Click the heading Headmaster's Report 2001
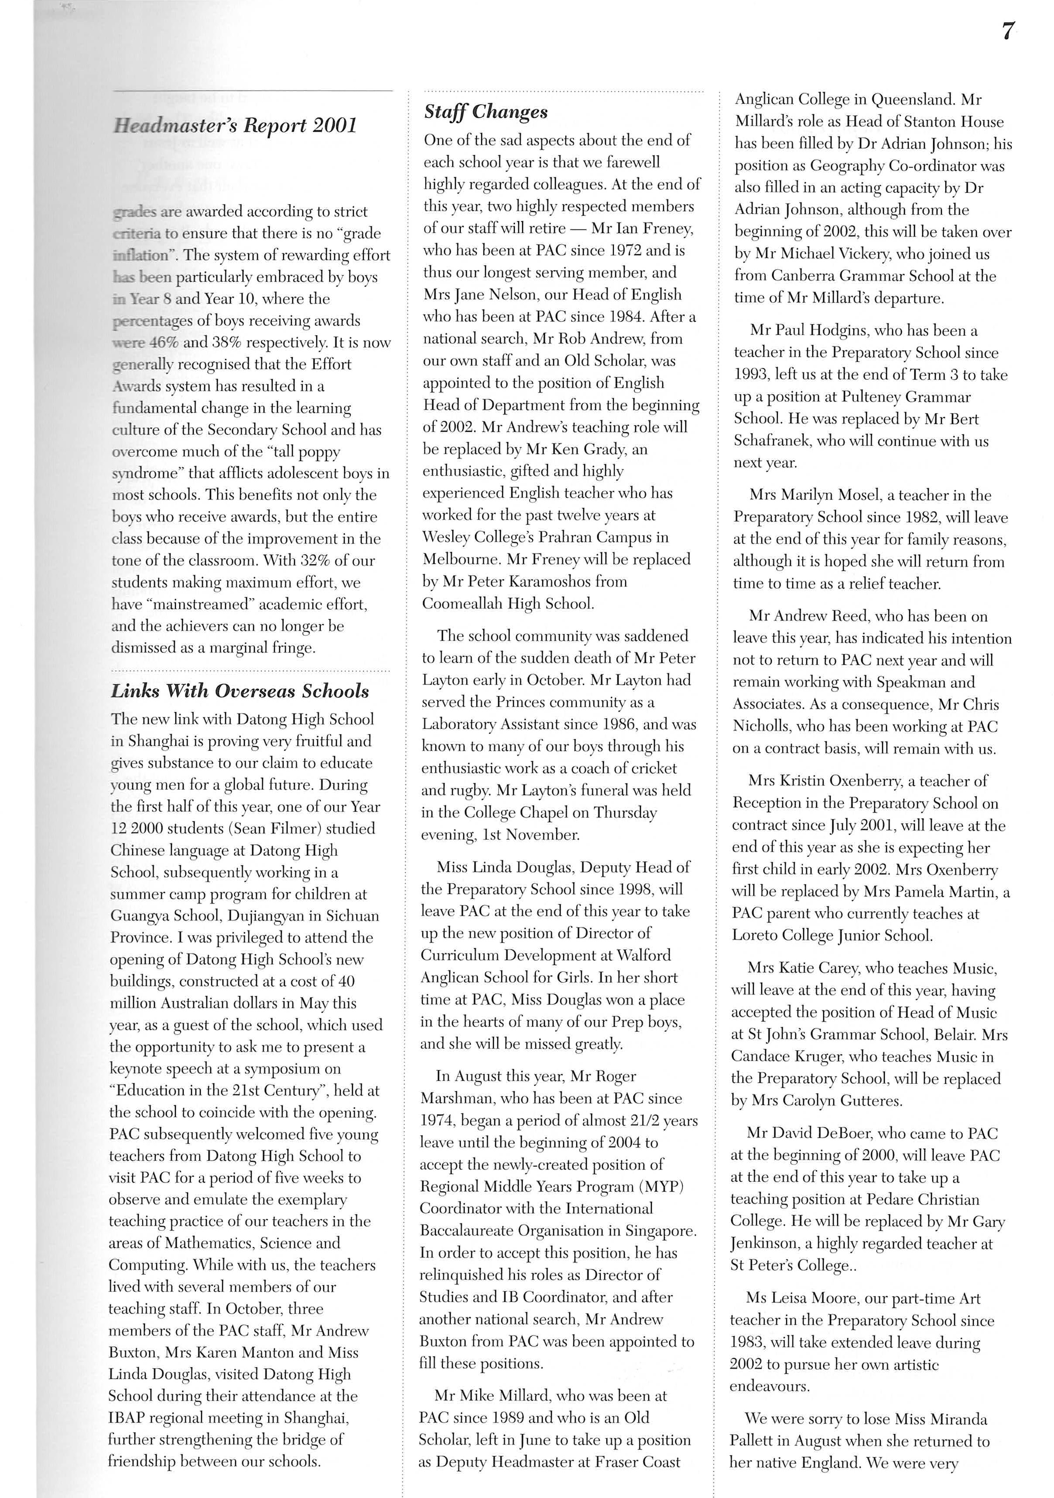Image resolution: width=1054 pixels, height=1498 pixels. [x=235, y=125]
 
